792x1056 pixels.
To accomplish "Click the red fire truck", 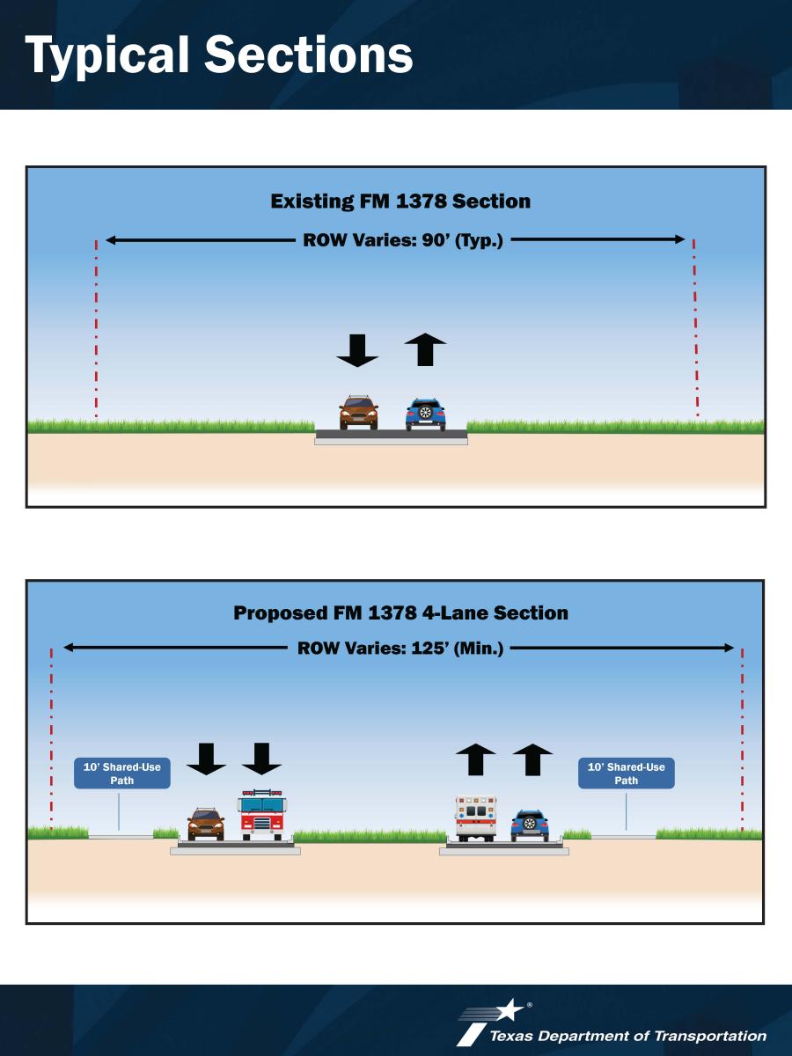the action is [x=261, y=815].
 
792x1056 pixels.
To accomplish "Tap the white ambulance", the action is [x=475, y=818].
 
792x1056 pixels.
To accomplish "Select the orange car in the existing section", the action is [x=358, y=413].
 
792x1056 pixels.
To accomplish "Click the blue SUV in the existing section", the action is [x=426, y=414].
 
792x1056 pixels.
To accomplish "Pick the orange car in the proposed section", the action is [x=206, y=824].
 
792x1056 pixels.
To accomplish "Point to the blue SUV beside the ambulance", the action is [x=530, y=825].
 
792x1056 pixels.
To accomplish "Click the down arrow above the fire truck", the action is [x=261, y=759].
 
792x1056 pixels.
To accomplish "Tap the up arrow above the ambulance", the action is [x=475, y=759].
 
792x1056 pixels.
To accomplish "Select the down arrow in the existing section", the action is [x=357, y=351].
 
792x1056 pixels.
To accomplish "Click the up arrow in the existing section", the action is [x=426, y=349].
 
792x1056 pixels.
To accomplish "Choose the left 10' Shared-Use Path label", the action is [x=122, y=774].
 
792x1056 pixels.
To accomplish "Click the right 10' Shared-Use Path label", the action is [x=626, y=774].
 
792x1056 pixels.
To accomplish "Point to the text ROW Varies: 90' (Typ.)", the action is [x=403, y=240].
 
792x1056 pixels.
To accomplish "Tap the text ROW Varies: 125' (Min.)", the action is [x=400, y=648].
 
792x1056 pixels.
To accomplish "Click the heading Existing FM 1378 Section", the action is [x=400, y=202].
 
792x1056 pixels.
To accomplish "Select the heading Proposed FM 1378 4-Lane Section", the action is [x=400, y=612].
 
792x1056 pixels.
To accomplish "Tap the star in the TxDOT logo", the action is [x=510, y=1009].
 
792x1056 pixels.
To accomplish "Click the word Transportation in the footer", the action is [x=711, y=1036].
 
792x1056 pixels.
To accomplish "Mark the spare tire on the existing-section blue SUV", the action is [x=426, y=413].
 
